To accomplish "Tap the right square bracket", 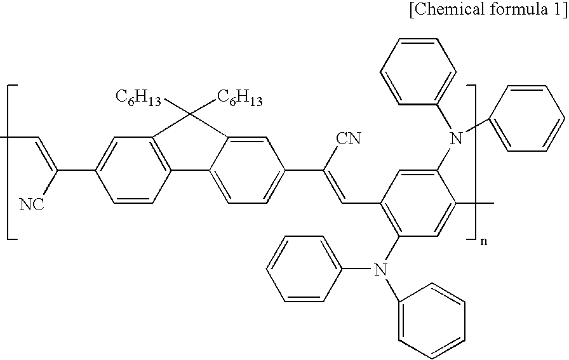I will [472, 161].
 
